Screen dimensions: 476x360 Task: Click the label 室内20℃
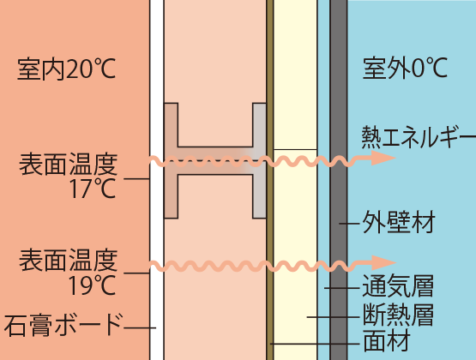pyautogui.click(x=67, y=69)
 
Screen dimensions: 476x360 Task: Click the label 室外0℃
pyautogui.click(x=405, y=69)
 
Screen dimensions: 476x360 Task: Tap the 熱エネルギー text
pyautogui.click(x=419, y=137)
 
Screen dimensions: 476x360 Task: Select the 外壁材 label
pyautogui.click(x=399, y=222)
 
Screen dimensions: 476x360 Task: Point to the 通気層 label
pyautogui.click(x=398, y=286)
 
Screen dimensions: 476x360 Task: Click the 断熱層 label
pyautogui.click(x=398, y=315)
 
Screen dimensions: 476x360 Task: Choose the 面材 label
pyautogui.click(x=387, y=341)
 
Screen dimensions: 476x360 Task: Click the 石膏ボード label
pyautogui.click(x=64, y=325)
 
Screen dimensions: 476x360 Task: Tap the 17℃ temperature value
pyautogui.click(x=93, y=189)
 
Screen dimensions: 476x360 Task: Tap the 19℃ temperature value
pyautogui.click(x=92, y=285)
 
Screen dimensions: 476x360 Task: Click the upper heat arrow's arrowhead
pyautogui.click(x=383, y=158)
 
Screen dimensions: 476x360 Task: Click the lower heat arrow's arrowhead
pyautogui.click(x=383, y=262)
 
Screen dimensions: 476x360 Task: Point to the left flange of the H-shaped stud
pyautogui.click(x=171, y=160)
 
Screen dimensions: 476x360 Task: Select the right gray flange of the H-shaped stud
pyautogui.click(x=260, y=160)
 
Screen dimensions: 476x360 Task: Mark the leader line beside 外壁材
pyautogui.click(x=349, y=224)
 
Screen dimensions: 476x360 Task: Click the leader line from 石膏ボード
pyautogui.click(x=140, y=327)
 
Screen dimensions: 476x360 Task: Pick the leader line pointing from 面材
pyautogui.click(x=315, y=344)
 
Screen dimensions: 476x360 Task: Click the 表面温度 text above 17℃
pyautogui.click(x=69, y=164)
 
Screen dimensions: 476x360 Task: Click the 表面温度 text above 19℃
pyautogui.click(x=69, y=260)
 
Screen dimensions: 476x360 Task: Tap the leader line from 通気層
pyautogui.click(x=342, y=288)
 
